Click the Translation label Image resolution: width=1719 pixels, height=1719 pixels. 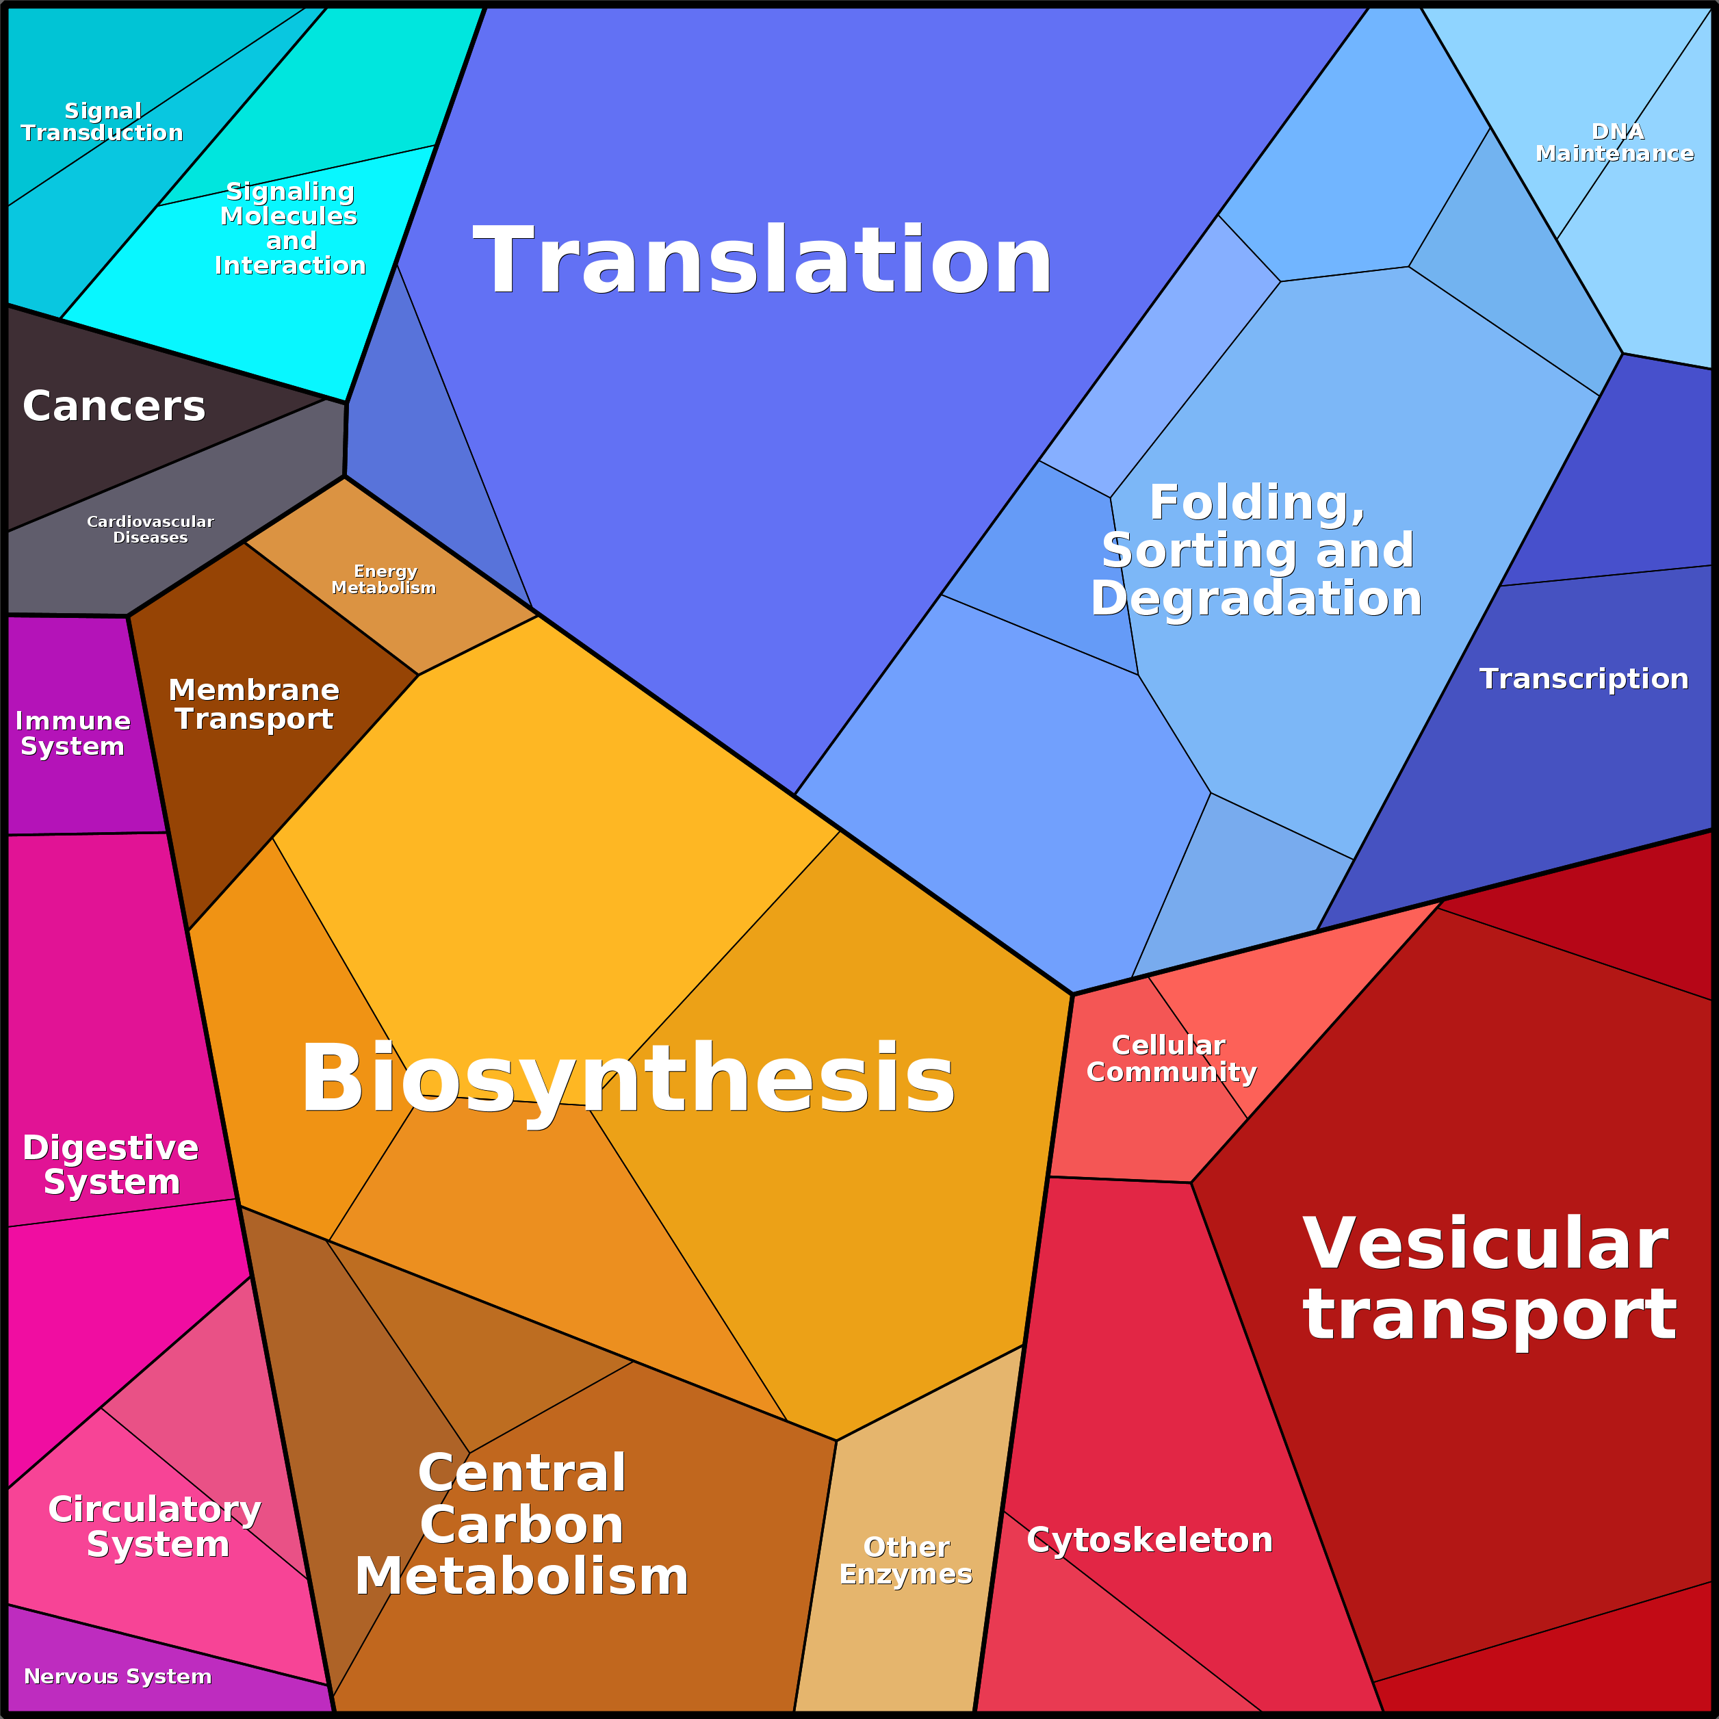[x=762, y=260]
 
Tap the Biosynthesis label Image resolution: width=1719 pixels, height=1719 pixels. [x=628, y=1078]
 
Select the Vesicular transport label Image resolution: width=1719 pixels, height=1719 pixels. [x=1488, y=1278]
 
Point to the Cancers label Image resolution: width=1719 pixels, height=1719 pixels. [x=114, y=406]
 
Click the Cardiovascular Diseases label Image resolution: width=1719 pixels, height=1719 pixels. [x=151, y=530]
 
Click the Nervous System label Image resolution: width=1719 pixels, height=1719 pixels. [x=118, y=1677]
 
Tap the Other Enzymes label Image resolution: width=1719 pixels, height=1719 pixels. [x=906, y=1561]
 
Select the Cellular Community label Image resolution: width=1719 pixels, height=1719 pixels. [x=1171, y=1058]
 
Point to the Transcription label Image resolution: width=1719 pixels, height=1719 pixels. [x=1584, y=679]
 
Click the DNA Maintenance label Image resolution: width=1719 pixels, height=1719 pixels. [x=1615, y=142]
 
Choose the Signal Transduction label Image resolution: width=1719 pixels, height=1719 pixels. [x=103, y=122]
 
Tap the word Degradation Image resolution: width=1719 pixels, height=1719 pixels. [x=1256, y=598]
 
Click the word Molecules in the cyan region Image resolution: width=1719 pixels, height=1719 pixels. [x=289, y=216]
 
